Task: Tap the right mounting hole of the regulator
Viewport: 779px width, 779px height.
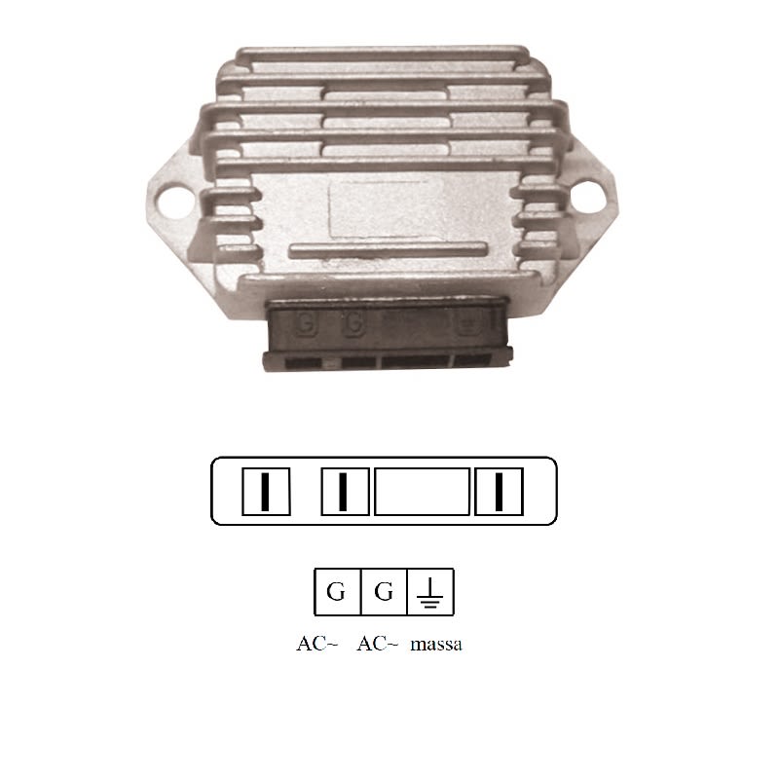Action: [593, 199]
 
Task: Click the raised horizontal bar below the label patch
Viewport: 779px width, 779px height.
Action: [387, 247]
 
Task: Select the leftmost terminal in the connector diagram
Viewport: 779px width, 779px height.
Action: [265, 491]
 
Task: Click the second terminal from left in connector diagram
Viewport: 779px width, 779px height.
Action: [345, 491]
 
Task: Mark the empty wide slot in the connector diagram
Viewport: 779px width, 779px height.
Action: [423, 491]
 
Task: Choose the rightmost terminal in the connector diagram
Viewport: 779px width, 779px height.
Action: [499, 491]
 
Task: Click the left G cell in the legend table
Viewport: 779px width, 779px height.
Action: [337, 591]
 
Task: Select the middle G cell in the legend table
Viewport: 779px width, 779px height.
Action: [384, 591]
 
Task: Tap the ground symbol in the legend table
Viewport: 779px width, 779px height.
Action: [429, 591]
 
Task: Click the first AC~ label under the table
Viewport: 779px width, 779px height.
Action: [317, 645]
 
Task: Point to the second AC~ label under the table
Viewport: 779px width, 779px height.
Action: [378, 645]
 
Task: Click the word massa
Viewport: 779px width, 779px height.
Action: [436, 645]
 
